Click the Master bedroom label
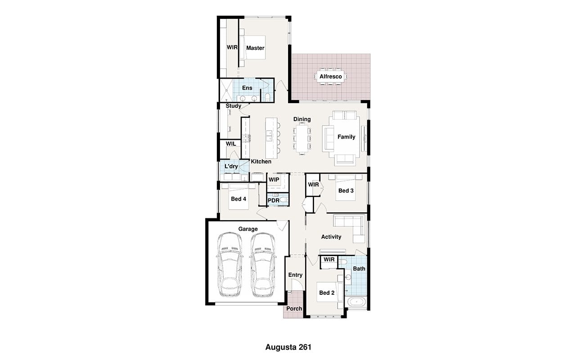255,48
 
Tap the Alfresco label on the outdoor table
331,76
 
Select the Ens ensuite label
247,88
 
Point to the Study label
234,106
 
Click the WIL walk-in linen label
231,144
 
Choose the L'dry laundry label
231,166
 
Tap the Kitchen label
261,162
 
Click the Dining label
302,119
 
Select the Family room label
346,137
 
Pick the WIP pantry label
274,180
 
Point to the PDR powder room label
273,200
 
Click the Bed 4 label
238,199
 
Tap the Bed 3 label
346,190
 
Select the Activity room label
331,237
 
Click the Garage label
248,229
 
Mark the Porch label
294,309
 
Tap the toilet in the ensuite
267,97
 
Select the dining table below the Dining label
302,139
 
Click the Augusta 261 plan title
288,347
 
